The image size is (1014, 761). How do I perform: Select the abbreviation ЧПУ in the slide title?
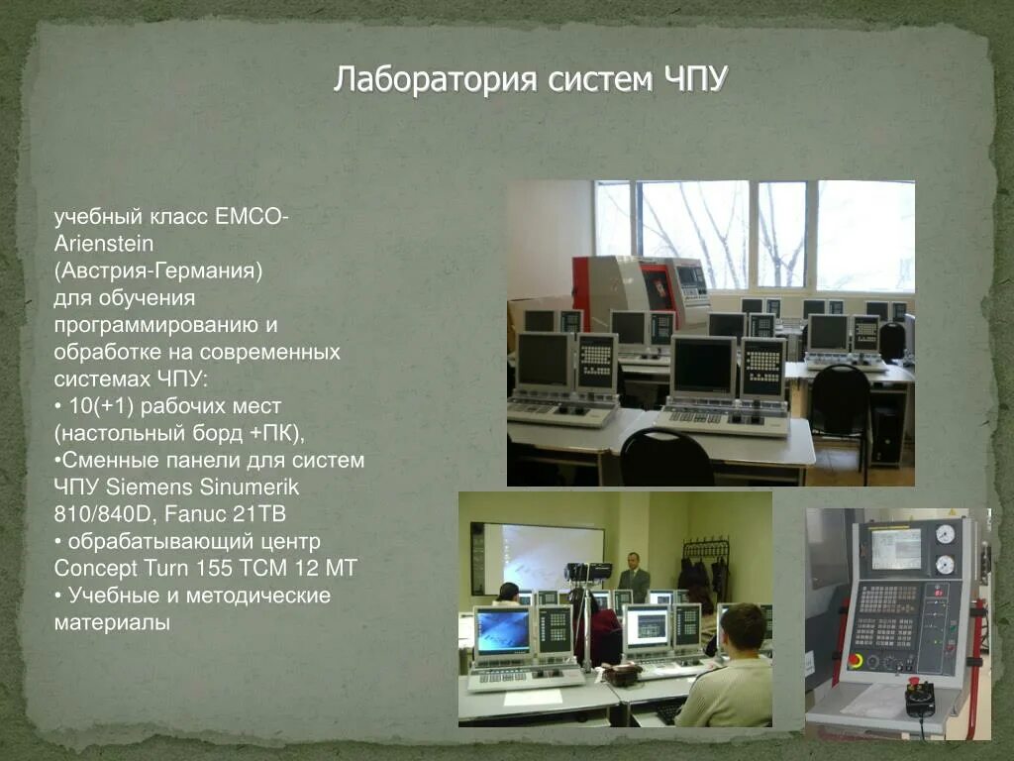tap(691, 79)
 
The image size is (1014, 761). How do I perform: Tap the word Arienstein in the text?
tap(104, 243)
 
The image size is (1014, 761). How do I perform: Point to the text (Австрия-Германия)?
tap(157, 271)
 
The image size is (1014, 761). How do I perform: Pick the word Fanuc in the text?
tap(198, 514)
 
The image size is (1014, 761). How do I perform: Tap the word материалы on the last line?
tap(112, 623)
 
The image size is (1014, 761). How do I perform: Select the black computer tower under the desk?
tap(887, 432)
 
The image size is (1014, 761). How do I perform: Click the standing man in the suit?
tap(633, 578)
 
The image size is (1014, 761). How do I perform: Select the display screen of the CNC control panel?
tap(895, 548)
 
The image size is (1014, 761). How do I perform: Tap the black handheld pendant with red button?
tap(920, 698)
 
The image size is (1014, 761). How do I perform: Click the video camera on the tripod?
tap(586, 572)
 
